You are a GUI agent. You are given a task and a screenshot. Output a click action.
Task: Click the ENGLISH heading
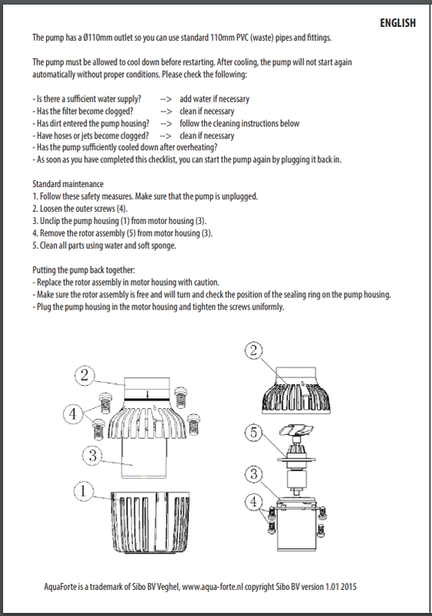(397, 23)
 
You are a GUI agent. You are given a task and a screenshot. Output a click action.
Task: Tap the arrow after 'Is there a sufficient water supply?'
(166, 99)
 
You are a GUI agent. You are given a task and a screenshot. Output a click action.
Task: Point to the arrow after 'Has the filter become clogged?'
(166, 112)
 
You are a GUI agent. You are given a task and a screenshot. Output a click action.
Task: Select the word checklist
(162, 159)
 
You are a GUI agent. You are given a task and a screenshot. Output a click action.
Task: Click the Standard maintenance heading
(68, 184)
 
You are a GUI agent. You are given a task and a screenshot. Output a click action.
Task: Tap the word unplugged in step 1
(239, 196)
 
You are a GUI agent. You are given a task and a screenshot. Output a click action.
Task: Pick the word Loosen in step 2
(51, 209)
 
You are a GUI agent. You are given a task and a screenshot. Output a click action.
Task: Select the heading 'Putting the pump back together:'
(84, 270)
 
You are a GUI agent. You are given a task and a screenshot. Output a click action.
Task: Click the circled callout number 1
(83, 491)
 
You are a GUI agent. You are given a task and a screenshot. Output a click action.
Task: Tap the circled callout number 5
(253, 432)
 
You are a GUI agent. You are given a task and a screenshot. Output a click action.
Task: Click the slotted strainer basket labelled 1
(150, 522)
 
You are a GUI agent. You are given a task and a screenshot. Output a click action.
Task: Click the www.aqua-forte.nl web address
(213, 587)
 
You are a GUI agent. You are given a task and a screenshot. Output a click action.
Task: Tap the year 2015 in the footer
(349, 587)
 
